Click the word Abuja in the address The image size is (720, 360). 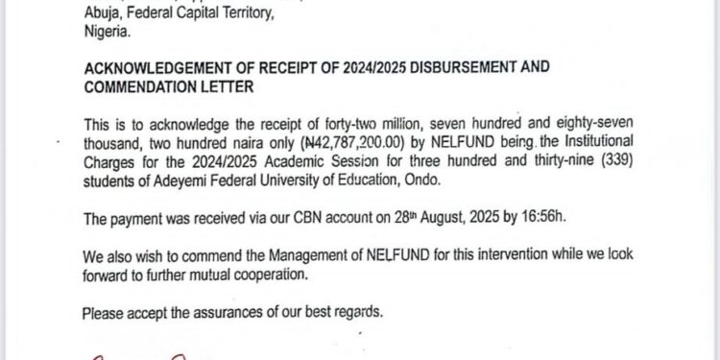pyautogui.click(x=101, y=12)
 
